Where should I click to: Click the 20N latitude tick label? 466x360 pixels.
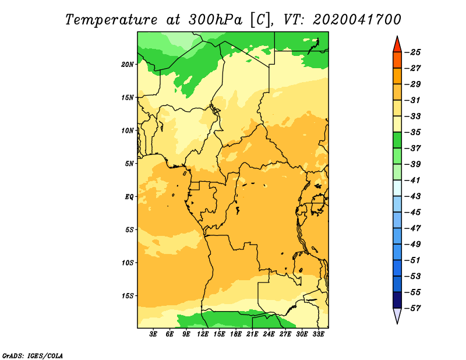(x=127, y=65)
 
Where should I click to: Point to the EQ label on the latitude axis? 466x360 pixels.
(x=129, y=197)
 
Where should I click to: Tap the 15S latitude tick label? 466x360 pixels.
(x=128, y=296)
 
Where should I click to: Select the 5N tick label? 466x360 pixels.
(x=129, y=164)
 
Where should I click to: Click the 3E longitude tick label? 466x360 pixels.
(x=153, y=334)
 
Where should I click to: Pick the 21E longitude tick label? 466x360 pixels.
(x=252, y=334)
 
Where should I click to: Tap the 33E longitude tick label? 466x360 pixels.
(x=318, y=334)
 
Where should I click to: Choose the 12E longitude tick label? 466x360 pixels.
(x=202, y=334)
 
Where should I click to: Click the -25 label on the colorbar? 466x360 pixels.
(x=413, y=52)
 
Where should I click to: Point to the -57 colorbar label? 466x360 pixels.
(x=413, y=308)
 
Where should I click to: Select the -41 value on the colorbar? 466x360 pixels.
(x=413, y=180)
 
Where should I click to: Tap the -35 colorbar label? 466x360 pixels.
(x=413, y=132)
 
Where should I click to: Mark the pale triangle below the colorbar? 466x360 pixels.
(x=397, y=315)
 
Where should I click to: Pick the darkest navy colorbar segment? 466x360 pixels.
(x=397, y=300)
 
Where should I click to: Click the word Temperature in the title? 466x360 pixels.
(x=111, y=20)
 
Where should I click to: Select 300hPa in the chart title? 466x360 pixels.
(x=216, y=20)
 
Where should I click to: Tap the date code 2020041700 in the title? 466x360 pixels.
(x=357, y=20)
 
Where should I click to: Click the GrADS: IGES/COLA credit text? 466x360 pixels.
(x=33, y=356)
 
